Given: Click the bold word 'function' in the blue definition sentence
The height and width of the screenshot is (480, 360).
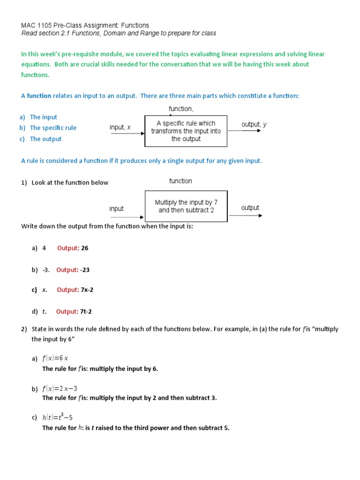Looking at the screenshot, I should point(39,96).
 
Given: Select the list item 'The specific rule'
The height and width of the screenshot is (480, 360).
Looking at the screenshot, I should point(53,127).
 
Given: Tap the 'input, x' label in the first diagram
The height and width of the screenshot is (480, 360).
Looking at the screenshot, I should point(120,127).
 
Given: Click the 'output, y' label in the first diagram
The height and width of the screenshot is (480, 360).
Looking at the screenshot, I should point(254,124).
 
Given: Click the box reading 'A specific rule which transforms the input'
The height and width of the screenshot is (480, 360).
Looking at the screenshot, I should point(186,131).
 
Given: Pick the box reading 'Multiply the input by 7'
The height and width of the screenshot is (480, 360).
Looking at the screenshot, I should point(186,206).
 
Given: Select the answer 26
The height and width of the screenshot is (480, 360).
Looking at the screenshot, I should point(84,248).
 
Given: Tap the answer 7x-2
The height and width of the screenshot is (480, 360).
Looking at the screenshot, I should point(87,290).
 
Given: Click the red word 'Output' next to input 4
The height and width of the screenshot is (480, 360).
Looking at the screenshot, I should point(67,248).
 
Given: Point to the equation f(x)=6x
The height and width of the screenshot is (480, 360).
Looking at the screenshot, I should point(55,359).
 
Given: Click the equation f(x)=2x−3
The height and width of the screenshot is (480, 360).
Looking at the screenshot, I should point(60,388).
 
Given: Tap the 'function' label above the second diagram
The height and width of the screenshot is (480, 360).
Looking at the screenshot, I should point(180,181).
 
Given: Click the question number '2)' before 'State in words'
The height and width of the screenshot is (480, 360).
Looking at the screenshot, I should point(24,329).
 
